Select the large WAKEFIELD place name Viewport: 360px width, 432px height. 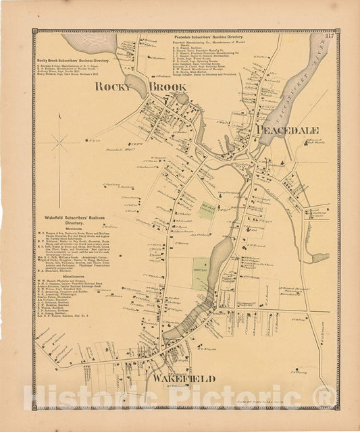(x=184, y=379)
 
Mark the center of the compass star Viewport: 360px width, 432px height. (x=59, y=142)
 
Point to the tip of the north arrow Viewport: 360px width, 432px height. (x=59, y=113)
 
